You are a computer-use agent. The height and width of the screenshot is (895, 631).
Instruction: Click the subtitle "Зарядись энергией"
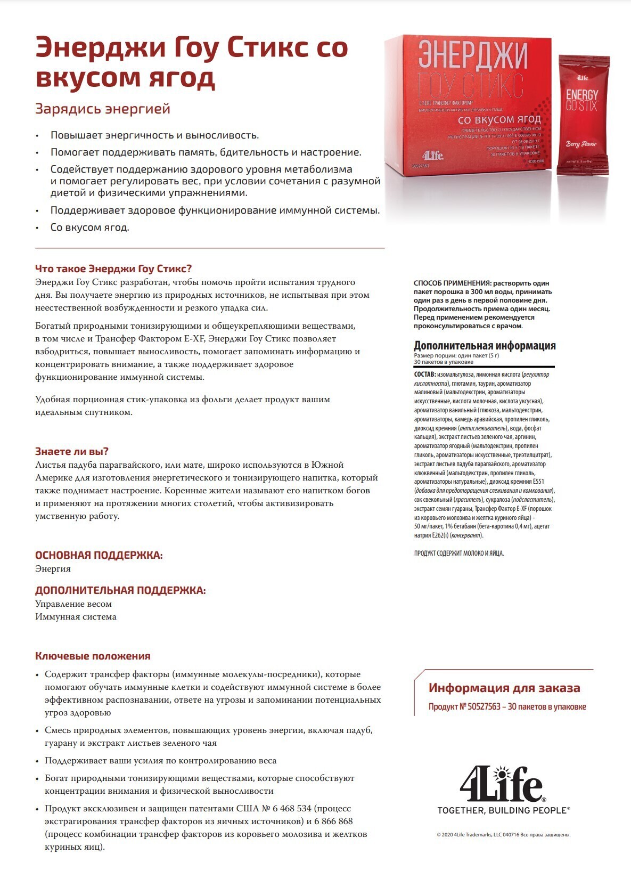[103, 109]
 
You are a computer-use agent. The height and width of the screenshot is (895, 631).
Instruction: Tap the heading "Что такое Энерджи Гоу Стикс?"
[113, 268]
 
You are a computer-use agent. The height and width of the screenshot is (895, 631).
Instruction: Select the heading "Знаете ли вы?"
[72, 451]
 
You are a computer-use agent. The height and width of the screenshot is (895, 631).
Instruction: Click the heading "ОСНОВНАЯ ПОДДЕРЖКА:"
[99, 555]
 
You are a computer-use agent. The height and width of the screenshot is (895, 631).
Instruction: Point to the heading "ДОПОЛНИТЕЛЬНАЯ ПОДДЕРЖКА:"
[120, 590]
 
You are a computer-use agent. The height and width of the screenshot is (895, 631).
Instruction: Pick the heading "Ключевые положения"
[93, 656]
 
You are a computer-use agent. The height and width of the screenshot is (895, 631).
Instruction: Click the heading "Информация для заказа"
[504, 688]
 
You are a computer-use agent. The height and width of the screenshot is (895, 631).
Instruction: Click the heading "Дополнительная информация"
[485, 345]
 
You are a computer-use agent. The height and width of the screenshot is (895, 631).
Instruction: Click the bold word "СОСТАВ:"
[425, 375]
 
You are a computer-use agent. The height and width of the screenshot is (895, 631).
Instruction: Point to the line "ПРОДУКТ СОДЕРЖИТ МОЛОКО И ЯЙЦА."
[458, 553]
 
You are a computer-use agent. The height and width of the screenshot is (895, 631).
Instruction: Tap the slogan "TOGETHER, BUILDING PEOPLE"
[503, 810]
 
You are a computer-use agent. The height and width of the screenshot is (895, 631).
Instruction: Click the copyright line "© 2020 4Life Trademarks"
[503, 835]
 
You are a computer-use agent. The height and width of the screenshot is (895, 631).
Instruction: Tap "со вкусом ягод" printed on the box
[499, 119]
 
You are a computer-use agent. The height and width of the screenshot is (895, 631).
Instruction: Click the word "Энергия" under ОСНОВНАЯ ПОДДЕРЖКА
[53, 568]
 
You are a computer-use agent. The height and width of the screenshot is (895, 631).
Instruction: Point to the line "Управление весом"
[73, 604]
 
